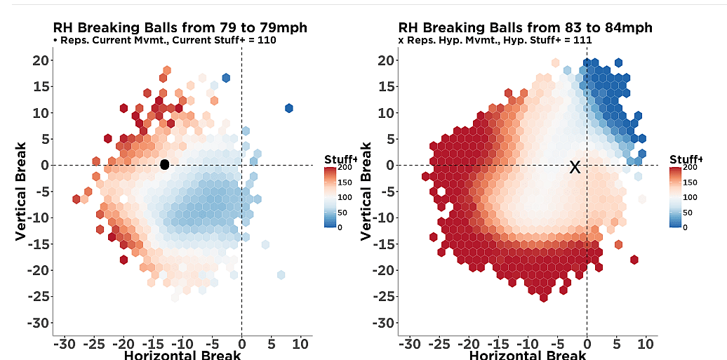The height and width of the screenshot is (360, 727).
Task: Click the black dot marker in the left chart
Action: (x=165, y=164)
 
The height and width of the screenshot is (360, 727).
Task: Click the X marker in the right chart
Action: (x=575, y=167)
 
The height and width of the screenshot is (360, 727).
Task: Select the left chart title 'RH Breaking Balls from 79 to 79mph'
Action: (x=180, y=27)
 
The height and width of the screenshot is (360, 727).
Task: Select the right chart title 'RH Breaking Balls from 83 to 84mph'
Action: (x=525, y=27)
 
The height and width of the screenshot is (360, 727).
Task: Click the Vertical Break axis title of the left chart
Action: (x=21, y=191)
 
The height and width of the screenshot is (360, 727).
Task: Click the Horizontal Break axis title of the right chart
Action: (x=528, y=354)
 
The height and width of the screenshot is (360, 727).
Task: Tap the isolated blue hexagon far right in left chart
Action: (x=288, y=108)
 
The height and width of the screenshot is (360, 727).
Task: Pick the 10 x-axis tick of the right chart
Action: (x=646, y=344)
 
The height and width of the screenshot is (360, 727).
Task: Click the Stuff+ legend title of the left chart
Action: (x=340, y=159)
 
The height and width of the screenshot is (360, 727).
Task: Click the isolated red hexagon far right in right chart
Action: (x=634, y=260)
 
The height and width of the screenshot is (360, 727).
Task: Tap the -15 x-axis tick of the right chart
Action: (x=498, y=344)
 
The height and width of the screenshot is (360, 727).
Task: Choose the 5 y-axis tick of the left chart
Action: (x=44, y=138)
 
